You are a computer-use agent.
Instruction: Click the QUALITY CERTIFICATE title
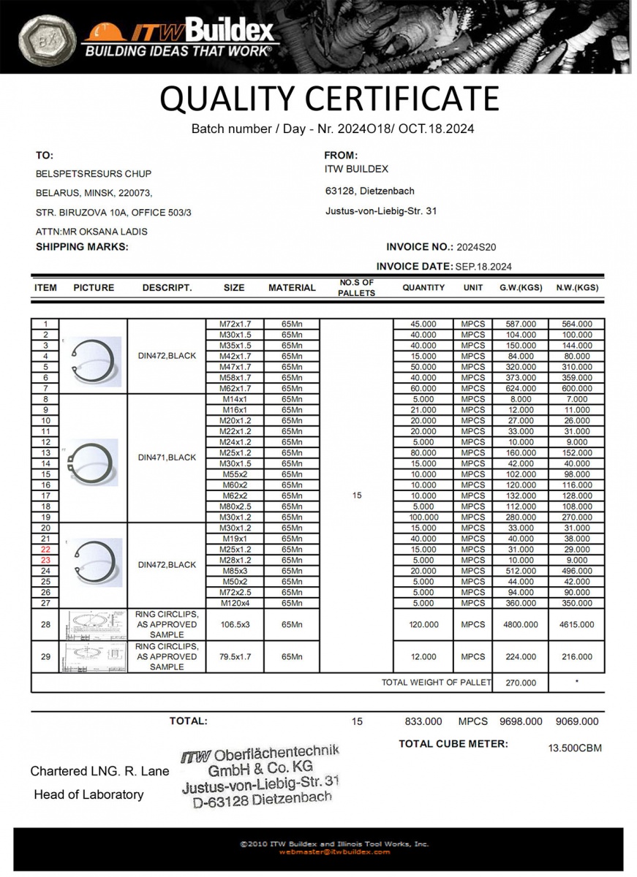[x=329, y=99]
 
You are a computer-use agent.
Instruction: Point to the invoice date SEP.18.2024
[x=483, y=267]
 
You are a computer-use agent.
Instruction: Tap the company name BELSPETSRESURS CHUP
[x=94, y=174]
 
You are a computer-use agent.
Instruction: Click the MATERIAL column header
[x=292, y=288]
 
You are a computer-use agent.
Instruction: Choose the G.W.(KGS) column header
[x=521, y=288]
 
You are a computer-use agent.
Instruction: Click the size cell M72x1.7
[x=234, y=324]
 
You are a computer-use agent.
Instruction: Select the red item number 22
[x=45, y=550]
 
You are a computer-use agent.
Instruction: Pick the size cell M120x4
[x=234, y=603]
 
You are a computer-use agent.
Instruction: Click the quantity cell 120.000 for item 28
[x=423, y=625]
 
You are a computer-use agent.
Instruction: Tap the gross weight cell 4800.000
[x=520, y=625]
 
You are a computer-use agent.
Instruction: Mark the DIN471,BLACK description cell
[x=167, y=458]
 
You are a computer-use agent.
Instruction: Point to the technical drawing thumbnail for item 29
[x=93, y=657]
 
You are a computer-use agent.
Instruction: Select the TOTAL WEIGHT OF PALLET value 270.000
[x=520, y=683]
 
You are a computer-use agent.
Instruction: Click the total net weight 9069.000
[x=576, y=721]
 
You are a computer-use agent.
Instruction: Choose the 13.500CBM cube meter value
[x=575, y=748]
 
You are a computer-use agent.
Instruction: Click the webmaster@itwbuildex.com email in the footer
[x=334, y=851]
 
